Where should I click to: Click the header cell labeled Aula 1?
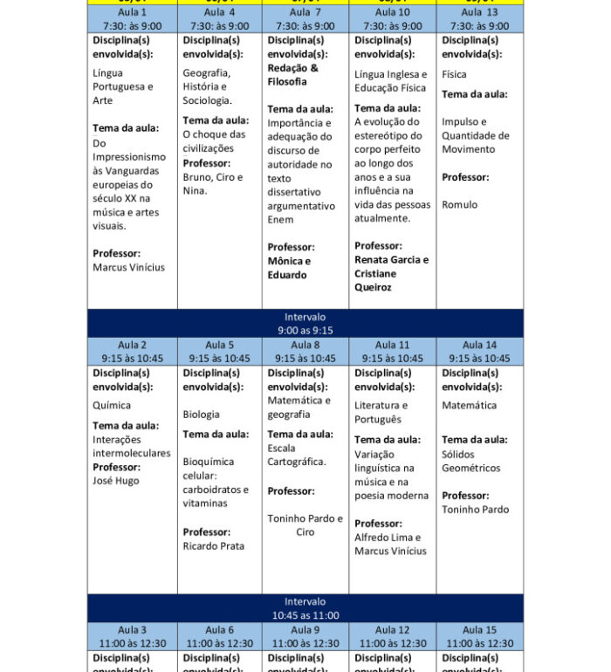click(132, 18)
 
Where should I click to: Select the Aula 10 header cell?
click(392, 18)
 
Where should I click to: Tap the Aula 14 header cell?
click(479, 351)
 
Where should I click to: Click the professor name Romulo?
click(459, 205)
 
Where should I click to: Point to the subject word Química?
click(112, 405)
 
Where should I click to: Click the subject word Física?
click(454, 74)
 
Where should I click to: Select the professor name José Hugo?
click(116, 481)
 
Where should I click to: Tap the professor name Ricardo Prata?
click(213, 546)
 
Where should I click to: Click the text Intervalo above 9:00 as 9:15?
click(305, 317)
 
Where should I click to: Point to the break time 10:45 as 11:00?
click(305, 615)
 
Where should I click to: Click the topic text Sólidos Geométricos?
click(471, 461)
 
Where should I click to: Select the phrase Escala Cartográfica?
click(296, 455)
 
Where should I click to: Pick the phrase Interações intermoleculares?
click(131, 447)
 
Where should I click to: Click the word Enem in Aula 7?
click(280, 220)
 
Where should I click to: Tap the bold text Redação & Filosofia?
click(292, 74)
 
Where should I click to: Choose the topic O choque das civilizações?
click(214, 141)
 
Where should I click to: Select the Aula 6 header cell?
click(219, 636)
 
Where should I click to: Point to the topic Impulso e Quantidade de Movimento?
click(475, 135)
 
